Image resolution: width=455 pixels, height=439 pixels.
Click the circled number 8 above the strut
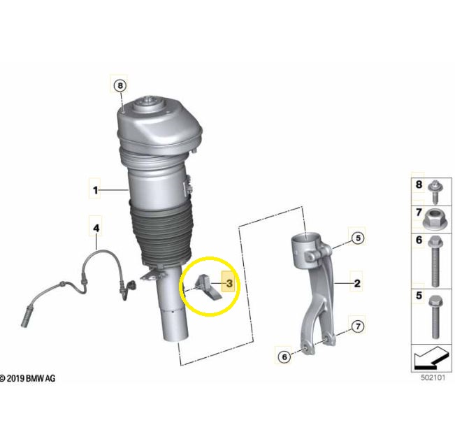(x=120, y=85)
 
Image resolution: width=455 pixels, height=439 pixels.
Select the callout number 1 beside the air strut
(x=96, y=190)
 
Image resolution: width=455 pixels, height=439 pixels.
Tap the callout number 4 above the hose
(x=96, y=228)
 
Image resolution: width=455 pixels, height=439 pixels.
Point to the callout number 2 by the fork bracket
(x=357, y=283)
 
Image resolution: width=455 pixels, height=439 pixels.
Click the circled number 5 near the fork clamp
(x=358, y=238)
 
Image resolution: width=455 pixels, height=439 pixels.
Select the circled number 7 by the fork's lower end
(x=358, y=326)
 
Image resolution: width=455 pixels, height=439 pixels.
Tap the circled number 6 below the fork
(x=284, y=357)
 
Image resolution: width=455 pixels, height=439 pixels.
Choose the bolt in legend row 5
(x=435, y=317)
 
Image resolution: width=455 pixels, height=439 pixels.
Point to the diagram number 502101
(x=433, y=377)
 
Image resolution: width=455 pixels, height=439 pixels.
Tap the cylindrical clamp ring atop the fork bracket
(x=306, y=250)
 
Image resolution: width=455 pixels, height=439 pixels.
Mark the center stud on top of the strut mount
(x=150, y=100)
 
